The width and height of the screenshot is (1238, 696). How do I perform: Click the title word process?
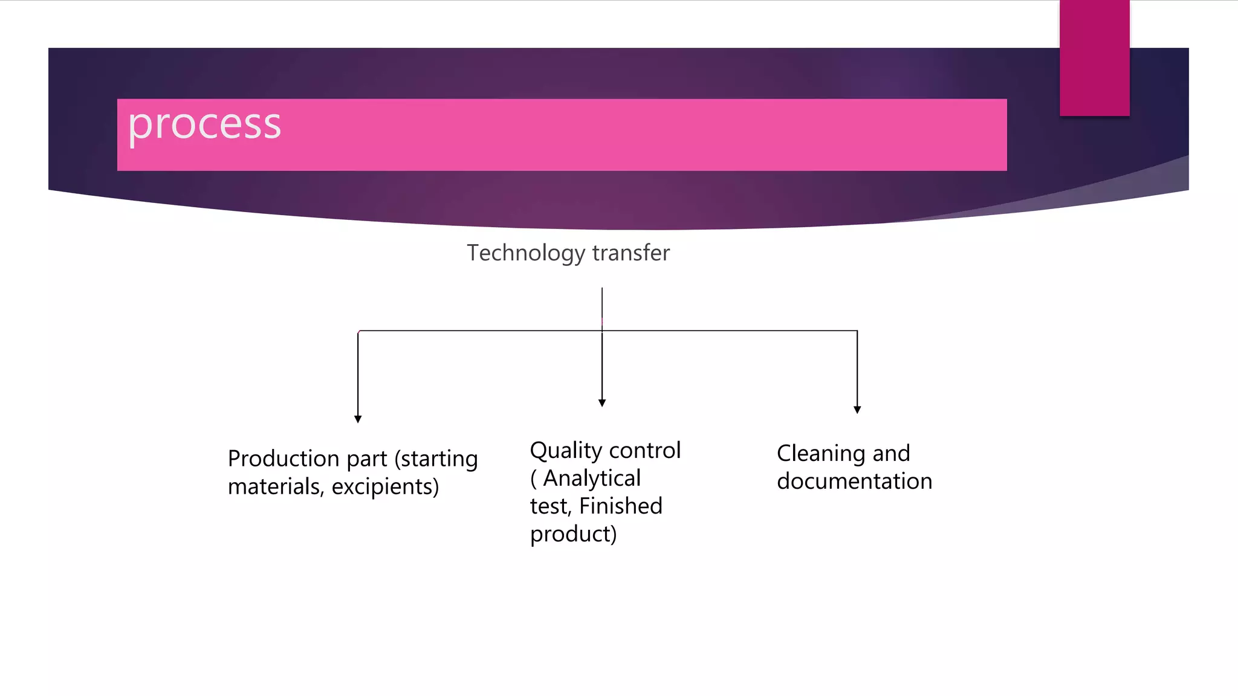(x=204, y=126)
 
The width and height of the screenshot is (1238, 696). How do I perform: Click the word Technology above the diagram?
(x=525, y=253)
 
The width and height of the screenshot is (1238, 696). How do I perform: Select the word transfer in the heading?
(x=631, y=253)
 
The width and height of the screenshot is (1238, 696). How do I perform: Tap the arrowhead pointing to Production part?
(x=358, y=419)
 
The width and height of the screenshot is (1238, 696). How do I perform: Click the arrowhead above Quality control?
(x=602, y=402)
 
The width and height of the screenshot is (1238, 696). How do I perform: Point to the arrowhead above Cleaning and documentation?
(x=857, y=410)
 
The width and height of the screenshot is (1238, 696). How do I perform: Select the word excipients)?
(x=385, y=486)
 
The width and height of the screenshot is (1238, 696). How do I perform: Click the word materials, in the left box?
(x=276, y=486)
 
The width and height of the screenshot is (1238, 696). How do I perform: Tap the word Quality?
(x=566, y=451)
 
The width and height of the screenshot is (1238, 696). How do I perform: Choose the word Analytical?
(x=592, y=478)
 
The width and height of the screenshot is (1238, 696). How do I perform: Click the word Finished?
(x=621, y=506)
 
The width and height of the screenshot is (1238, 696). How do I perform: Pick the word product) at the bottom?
(x=573, y=534)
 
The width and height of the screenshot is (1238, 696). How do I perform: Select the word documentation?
(x=854, y=481)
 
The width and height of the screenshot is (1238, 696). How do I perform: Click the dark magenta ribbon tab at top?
(x=1094, y=58)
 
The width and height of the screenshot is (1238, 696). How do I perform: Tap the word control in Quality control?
(x=645, y=451)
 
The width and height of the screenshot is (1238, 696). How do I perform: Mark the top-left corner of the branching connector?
(x=358, y=331)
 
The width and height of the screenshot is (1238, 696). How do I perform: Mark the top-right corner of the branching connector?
(x=857, y=330)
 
